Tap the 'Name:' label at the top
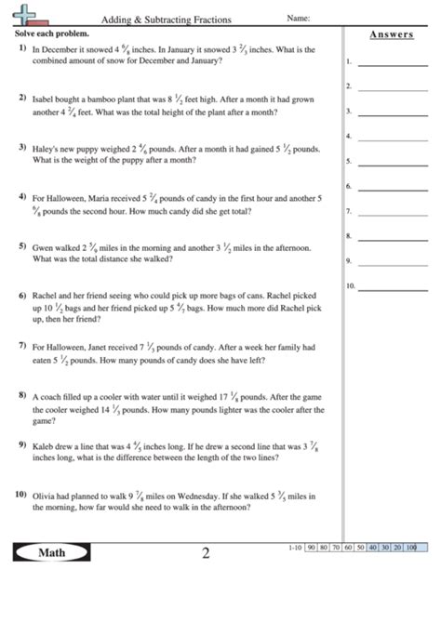298,18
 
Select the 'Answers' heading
392,34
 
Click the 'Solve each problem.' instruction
49,33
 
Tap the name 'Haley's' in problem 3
47,148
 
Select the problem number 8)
21,395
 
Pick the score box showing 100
410,548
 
